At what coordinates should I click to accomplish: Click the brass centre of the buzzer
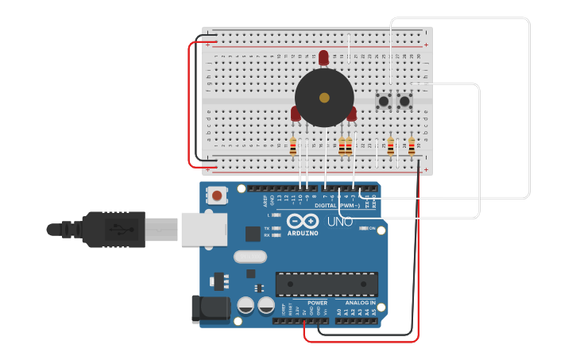pyautogui.click(x=324, y=98)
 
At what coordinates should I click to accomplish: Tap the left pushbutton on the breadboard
pyautogui.click(x=384, y=102)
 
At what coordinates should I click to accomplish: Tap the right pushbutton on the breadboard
pyautogui.click(x=404, y=102)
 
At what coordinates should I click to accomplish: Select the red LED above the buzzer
pyautogui.click(x=323, y=57)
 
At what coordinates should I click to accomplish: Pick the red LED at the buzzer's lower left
pyautogui.click(x=296, y=114)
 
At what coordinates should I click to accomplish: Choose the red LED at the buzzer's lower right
pyautogui.click(x=351, y=114)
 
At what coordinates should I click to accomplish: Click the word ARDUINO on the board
pyautogui.click(x=303, y=233)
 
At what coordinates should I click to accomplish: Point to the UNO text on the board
pyautogui.click(x=339, y=222)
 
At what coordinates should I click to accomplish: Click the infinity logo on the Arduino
pyautogui.click(x=302, y=222)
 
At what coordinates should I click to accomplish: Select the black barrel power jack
pyautogui.click(x=209, y=309)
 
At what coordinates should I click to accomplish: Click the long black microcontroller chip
pyautogui.click(x=327, y=284)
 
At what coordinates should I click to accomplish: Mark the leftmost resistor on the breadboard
pyautogui.click(x=293, y=146)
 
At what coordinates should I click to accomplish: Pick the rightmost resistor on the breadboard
pyautogui.click(x=412, y=146)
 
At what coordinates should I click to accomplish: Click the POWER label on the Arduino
pyautogui.click(x=317, y=303)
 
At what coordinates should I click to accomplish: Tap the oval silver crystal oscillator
pyautogui.click(x=249, y=257)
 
